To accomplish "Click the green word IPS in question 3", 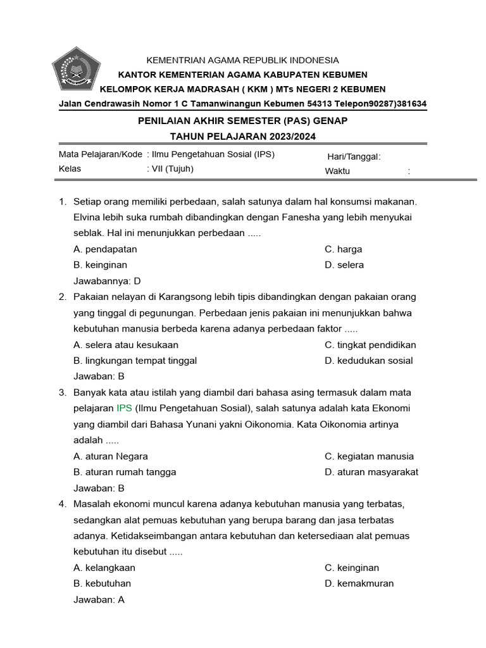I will pos(125,408).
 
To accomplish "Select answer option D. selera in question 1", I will pos(344,265).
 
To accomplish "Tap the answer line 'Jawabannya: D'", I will pos(107,281).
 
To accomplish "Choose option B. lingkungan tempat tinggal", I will pos(135,361).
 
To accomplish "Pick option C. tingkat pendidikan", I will pos(370,345).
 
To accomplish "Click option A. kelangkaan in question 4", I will pos(104,568).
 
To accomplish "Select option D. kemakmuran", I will pos(359,583).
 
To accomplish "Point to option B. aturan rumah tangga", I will pos(125,472).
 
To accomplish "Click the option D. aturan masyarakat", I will pos(371,472).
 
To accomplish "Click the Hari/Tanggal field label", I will pos(354,157).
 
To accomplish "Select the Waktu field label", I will pos(337,171).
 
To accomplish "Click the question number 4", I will pos(62,504).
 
